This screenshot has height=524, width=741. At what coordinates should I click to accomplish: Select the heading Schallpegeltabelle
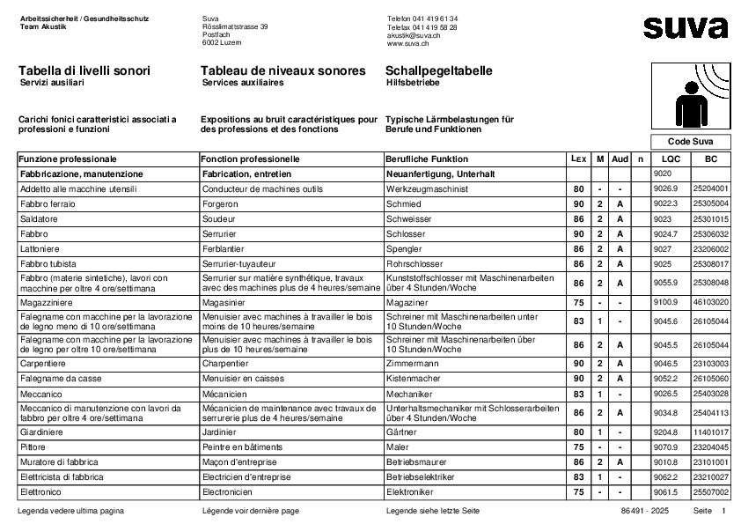pyautogui.click(x=438, y=70)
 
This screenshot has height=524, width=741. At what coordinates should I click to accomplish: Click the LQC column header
pyautogui.click(x=671, y=159)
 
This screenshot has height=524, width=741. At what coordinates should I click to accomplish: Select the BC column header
pyautogui.click(x=711, y=159)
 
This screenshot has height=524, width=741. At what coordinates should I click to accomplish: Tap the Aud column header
pyautogui.click(x=620, y=159)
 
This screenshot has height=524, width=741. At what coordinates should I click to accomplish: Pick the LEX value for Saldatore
pyautogui.click(x=578, y=218)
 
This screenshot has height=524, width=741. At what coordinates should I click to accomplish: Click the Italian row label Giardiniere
pyautogui.click(x=43, y=432)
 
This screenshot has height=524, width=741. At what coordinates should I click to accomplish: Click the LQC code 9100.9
pyautogui.click(x=665, y=302)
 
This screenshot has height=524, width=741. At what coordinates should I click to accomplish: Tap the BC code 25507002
pyautogui.click(x=711, y=491)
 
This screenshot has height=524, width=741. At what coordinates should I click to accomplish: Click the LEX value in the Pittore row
pyautogui.click(x=578, y=447)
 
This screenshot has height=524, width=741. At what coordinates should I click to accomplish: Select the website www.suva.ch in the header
pyautogui.click(x=407, y=42)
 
